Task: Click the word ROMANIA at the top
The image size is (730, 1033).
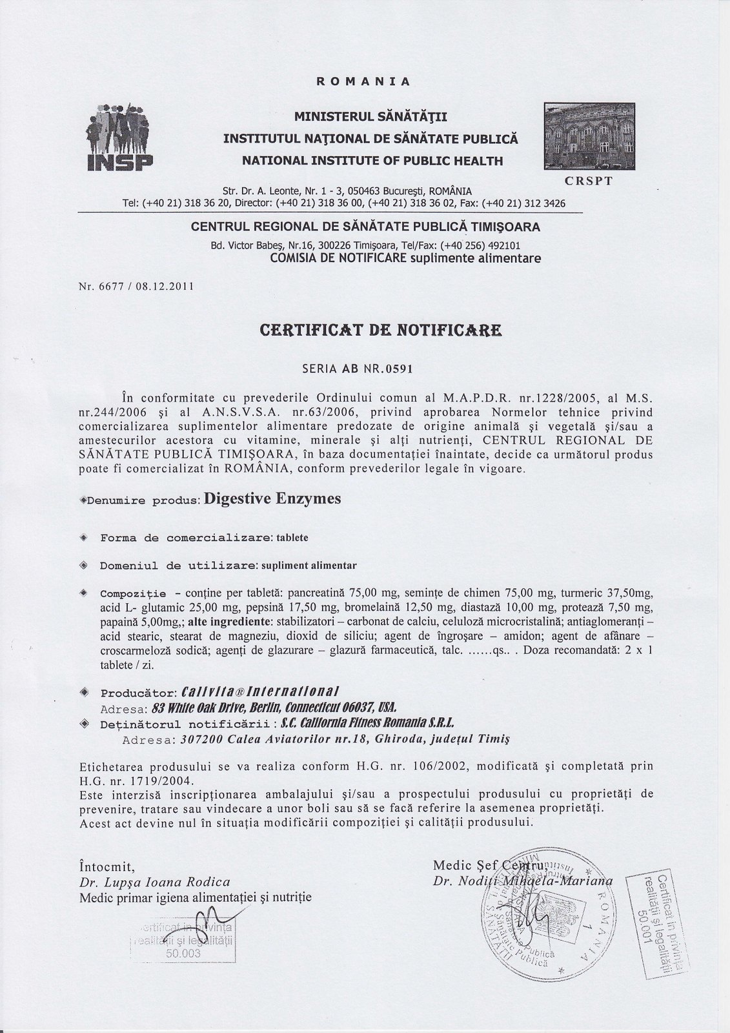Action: [363, 82]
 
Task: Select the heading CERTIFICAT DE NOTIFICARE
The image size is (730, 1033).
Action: [380, 331]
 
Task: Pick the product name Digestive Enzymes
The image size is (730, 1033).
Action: [272, 498]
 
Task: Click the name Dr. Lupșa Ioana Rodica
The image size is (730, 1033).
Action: [154, 882]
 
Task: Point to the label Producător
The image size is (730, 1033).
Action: [134, 693]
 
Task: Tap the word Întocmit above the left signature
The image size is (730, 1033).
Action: [106, 865]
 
